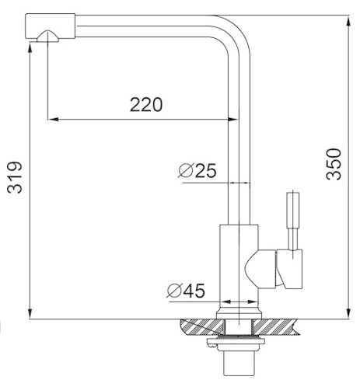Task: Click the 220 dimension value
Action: click(x=146, y=104)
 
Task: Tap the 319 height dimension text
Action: click(x=15, y=177)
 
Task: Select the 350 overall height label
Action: click(x=334, y=164)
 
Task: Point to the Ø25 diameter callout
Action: click(x=197, y=171)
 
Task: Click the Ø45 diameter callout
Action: click(x=186, y=291)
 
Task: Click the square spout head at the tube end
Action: click(x=51, y=26)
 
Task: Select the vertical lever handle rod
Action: click(x=293, y=221)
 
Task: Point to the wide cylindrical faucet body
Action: click(x=239, y=266)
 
